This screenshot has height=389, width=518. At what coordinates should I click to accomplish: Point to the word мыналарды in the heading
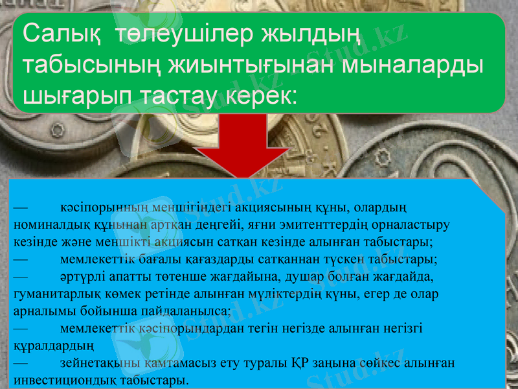tap(415, 66)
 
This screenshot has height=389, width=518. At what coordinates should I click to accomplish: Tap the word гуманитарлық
tap(52, 294)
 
